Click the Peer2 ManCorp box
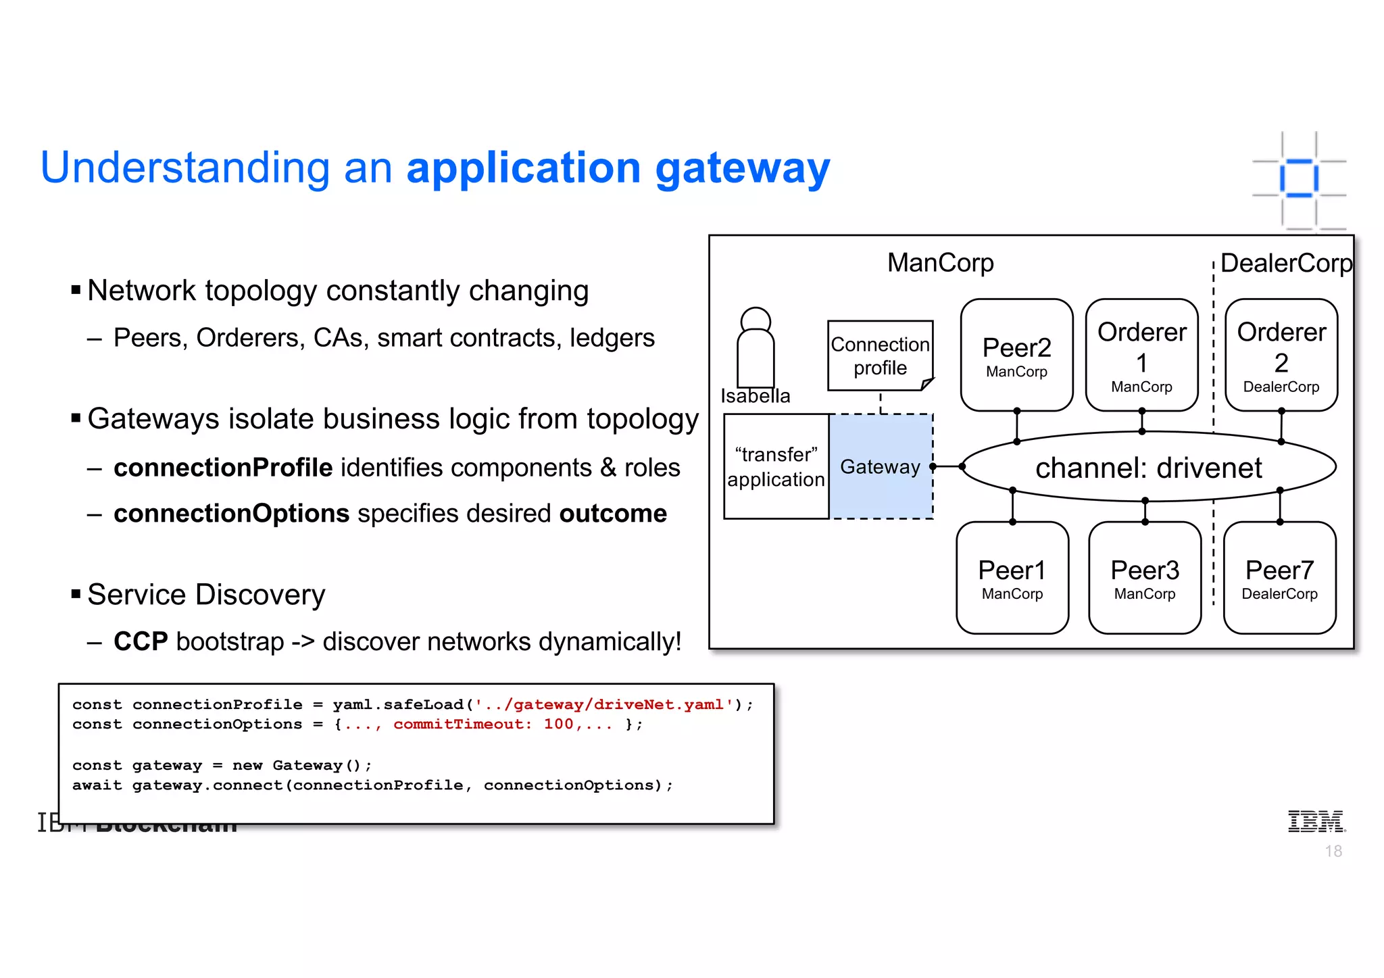1016,355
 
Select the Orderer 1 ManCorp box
1141,355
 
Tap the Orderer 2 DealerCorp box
1281,355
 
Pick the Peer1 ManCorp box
1012,578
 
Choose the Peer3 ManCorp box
1144,578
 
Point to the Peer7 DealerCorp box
1279,578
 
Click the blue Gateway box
880,466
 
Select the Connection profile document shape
880,356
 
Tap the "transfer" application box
776,466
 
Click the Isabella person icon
755,348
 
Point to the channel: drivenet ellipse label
1148,468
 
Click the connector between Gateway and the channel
947,466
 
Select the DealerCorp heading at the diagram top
1286,263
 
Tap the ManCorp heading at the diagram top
940,262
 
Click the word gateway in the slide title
742,169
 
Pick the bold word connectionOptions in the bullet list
231,514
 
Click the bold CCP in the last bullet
141,641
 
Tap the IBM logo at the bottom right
1316,821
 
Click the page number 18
1333,852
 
